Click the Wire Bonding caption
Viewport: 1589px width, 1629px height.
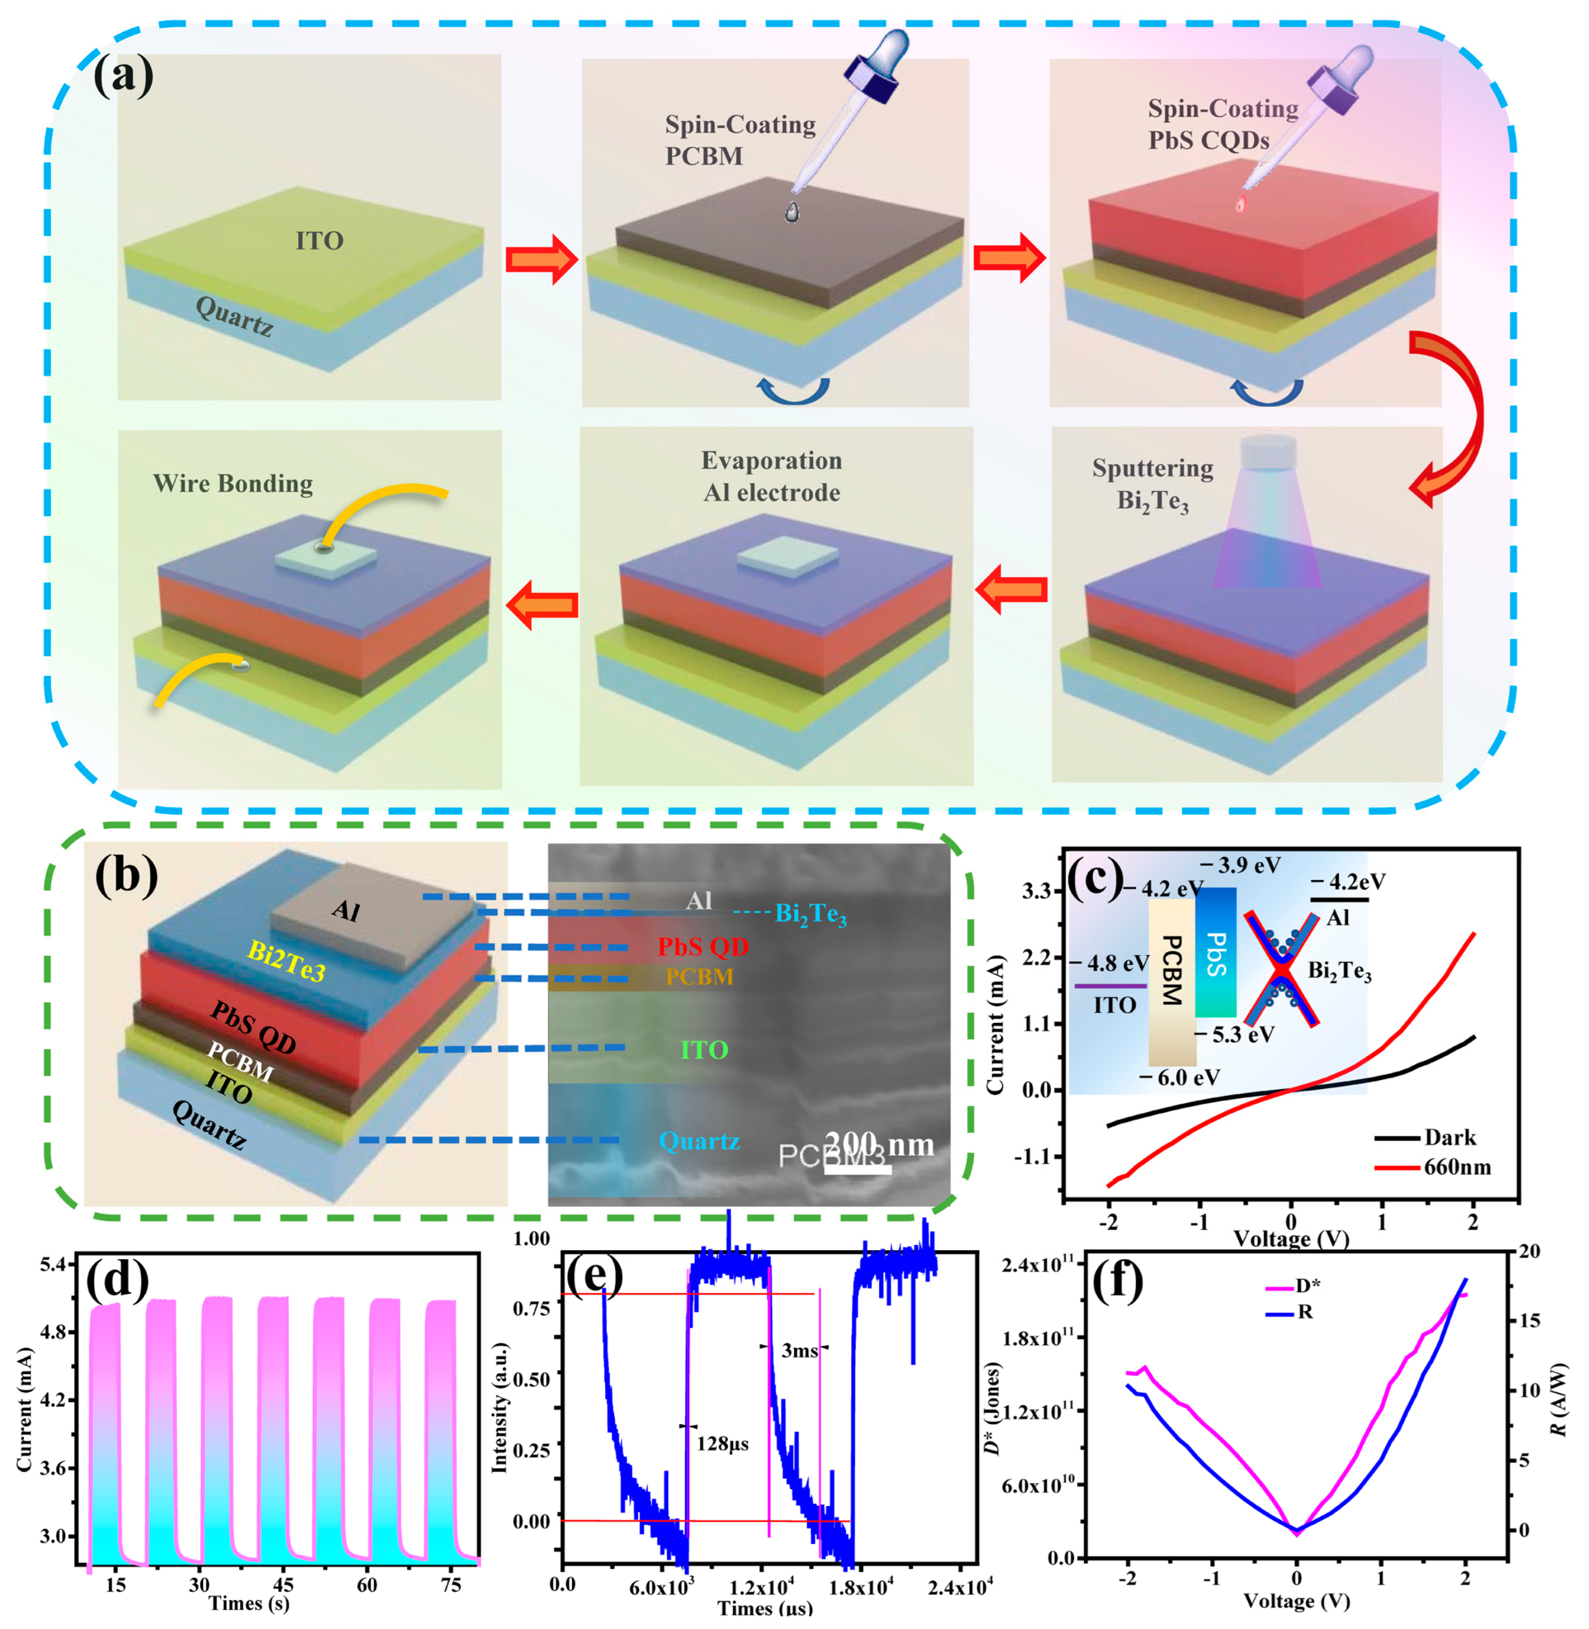pos(233,483)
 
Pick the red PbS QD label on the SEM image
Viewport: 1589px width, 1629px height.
pos(703,946)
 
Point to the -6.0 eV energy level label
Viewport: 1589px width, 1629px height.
pos(1179,1077)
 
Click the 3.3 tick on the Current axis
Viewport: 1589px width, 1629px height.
pos(1035,892)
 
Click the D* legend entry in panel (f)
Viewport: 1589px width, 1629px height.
pos(1307,1286)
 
